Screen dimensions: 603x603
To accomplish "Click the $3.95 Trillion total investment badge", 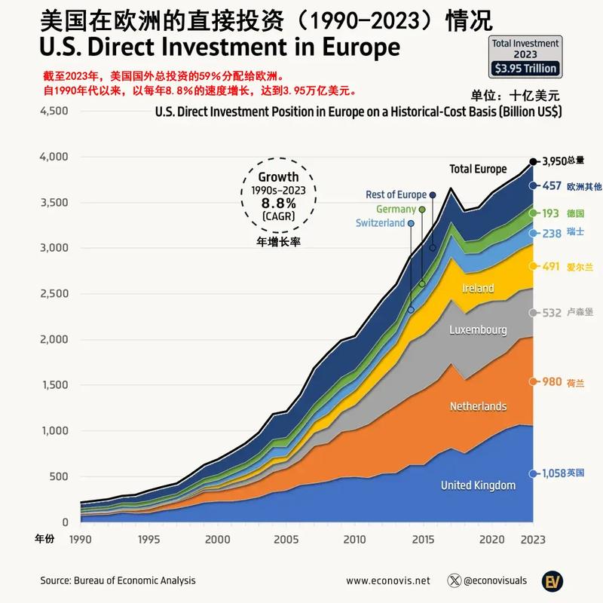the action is click(525, 68).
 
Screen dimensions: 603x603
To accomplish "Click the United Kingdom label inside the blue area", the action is click(478, 485).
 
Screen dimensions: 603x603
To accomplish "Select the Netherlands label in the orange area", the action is click(478, 406).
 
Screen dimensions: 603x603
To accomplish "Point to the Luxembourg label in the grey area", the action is click(478, 330).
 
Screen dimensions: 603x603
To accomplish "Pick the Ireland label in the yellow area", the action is click(478, 288).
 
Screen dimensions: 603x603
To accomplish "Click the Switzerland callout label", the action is click(381, 223).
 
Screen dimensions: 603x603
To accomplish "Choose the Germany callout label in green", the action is click(395, 209).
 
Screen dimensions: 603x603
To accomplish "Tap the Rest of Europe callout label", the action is click(396, 194).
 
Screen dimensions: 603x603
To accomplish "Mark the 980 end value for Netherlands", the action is click(552, 382).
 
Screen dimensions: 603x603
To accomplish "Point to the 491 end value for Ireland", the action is click(552, 266).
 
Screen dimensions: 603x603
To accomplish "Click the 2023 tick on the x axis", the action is click(533, 539).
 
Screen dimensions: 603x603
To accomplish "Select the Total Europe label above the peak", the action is click(478, 168).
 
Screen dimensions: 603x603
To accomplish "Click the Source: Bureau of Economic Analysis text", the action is click(118, 580).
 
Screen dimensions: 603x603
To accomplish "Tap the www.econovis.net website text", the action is click(388, 580).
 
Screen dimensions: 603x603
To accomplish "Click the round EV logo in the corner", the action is click(555, 580).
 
